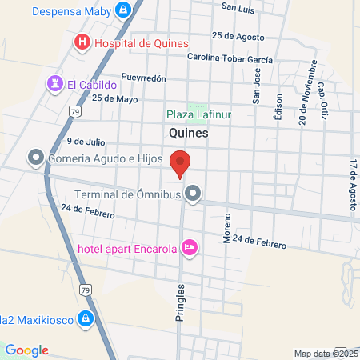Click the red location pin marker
(x=180, y=162)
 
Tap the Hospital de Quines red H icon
(x=81, y=42)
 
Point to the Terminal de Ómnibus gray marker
(x=193, y=194)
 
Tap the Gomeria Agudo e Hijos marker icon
(x=35, y=158)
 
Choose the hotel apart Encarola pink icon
(x=190, y=247)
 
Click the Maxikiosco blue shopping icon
(x=86, y=320)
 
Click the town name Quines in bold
(x=189, y=134)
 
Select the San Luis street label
(x=238, y=8)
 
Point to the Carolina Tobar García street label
(x=230, y=58)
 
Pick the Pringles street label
(x=180, y=301)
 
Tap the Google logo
(x=26, y=350)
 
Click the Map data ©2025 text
(x=325, y=354)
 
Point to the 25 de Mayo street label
(x=115, y=99)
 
